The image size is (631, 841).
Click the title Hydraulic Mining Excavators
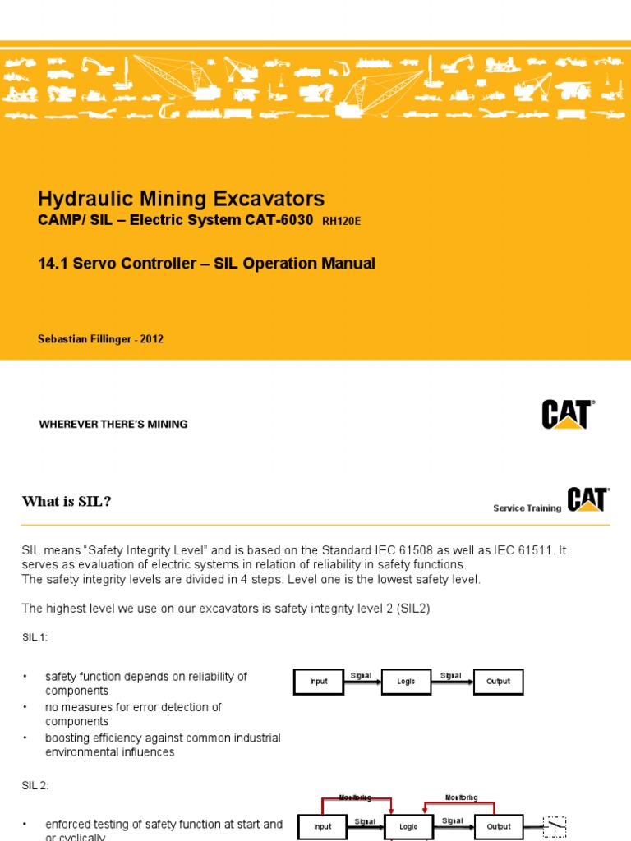(181, 199)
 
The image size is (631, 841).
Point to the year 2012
(151, 339)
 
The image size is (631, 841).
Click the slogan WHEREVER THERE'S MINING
(113, 425)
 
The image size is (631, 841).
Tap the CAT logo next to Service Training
(587, 500)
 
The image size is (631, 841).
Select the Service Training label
(527, 508)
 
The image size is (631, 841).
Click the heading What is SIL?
(66, 502)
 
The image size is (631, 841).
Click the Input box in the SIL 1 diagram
(319, 682)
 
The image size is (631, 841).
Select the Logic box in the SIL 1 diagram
(406, 682)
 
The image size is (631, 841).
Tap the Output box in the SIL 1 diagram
(498, 682)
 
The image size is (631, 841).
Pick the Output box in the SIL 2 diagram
(498, 826)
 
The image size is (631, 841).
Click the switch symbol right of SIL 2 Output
(555, 825)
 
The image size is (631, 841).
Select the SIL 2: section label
(35, 785)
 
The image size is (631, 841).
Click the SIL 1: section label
(35, 636)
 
